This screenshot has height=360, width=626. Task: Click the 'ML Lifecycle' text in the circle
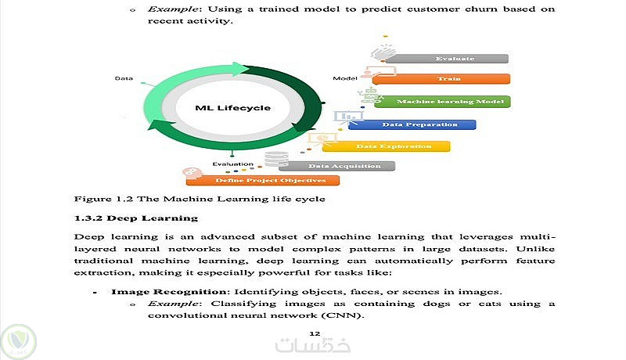232,108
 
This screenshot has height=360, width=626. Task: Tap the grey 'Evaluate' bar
447,59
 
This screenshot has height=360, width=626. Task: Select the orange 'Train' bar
441,78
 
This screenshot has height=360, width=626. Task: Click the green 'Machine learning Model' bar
442,102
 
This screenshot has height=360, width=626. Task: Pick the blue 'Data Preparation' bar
412,124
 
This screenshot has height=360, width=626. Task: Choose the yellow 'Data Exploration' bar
386,146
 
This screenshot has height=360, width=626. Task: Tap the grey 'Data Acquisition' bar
337,166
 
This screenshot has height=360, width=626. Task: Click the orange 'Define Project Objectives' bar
263,181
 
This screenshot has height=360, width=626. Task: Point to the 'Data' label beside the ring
124,78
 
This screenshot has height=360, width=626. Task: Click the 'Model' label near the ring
345,78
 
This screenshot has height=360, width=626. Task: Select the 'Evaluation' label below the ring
232,164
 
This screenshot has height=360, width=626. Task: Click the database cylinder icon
276,159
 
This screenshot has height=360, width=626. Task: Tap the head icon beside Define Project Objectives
192,172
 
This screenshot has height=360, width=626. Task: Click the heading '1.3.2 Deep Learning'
136,218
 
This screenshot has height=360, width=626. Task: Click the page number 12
315,333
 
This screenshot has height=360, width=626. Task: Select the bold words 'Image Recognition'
168,292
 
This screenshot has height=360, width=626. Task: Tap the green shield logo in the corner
18,342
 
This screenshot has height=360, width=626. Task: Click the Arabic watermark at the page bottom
313,345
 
